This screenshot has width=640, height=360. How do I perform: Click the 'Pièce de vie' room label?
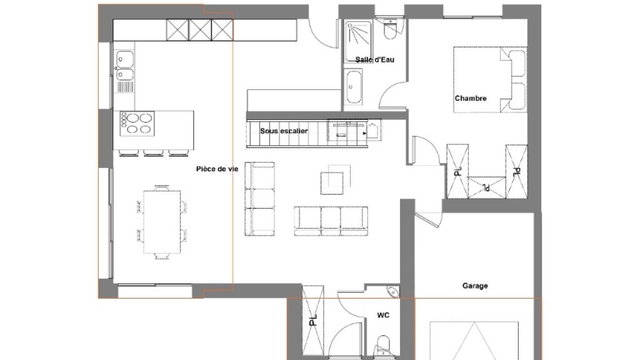tap(217, 169)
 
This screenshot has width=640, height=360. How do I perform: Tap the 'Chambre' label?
tap(471, 98)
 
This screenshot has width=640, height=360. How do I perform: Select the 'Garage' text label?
tap(475, 286)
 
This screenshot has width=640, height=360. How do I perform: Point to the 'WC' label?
tap(383, 315)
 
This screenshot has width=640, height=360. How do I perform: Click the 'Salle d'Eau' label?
tap(375, 59)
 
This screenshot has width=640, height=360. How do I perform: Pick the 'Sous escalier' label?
tap(284, 131)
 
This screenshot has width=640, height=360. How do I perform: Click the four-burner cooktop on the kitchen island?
tap(137, 124)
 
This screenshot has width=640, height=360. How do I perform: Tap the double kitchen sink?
tap(125, 66)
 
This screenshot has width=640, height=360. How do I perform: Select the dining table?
tap(162, 222)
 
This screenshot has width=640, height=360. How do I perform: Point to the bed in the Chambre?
tap(490, 79)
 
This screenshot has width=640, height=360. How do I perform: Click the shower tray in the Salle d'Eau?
tap(358, 42)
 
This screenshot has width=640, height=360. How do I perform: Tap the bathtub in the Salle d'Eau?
tap(354, 87)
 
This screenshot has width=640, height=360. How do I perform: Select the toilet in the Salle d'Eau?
tap(390, 30)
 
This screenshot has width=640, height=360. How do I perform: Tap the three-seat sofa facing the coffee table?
tap(331, 221)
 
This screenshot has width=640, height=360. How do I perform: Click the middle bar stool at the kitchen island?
tap(154, 154)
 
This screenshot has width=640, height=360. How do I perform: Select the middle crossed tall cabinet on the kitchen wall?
tap(201, 30)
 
